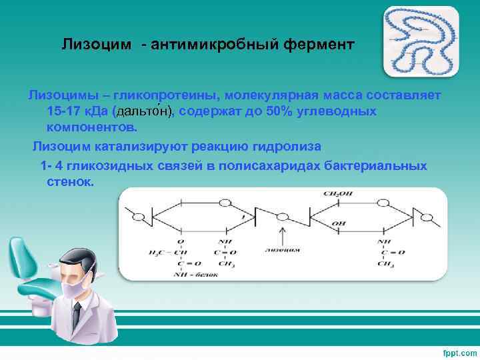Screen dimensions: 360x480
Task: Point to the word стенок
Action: [71, 181]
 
